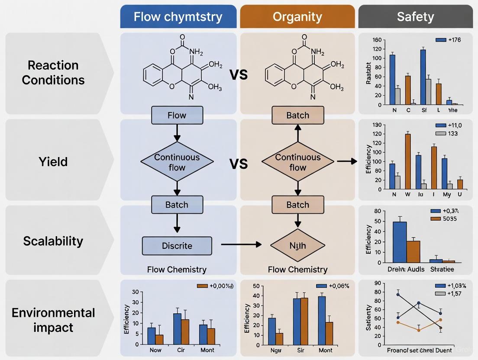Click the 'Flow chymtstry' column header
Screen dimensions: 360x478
pos(178,17)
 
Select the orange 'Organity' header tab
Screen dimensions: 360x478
pos(297,17)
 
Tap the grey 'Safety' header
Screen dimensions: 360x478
pos(415,17)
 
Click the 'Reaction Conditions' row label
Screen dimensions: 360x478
pos(53,73)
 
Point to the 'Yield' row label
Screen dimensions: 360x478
pos(53,162)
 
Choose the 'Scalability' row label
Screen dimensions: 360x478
pos(53,241)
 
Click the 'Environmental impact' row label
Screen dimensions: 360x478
pos(53,320)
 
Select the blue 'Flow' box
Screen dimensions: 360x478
pos(177,116)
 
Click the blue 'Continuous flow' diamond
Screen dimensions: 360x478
pos(177,162)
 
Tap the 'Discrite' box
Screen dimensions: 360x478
pos(177,246)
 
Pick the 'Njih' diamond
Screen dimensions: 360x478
pos(297,246)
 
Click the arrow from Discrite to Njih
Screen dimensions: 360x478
pos(241,245)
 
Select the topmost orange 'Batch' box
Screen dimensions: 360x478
pos(297,116)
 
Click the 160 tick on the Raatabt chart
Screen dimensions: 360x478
pos(377,40)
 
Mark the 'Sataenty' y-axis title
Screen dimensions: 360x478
pos(369,318)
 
